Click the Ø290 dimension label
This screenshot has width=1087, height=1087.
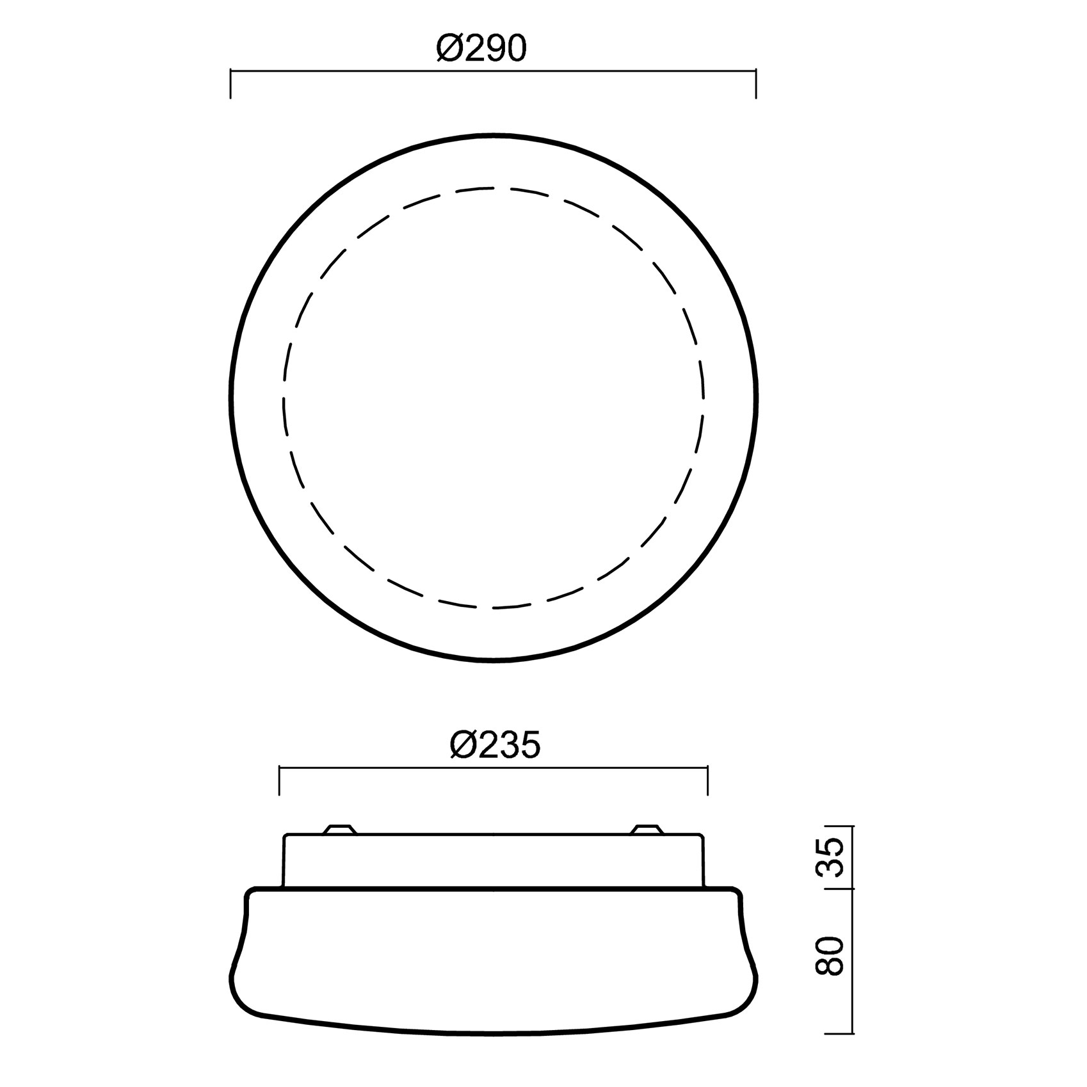[481, 49]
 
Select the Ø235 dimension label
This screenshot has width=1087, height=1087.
[495, 745]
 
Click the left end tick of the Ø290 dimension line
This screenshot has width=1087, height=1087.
[230, 85]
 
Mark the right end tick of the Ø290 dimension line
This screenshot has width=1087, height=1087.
[756, 85]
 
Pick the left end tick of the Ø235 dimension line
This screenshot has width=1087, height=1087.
[280, 780]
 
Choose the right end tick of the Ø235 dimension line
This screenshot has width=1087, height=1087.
[707, 780]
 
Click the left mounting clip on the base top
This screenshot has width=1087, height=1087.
[339, 829]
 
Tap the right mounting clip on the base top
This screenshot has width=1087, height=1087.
[647, 829]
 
